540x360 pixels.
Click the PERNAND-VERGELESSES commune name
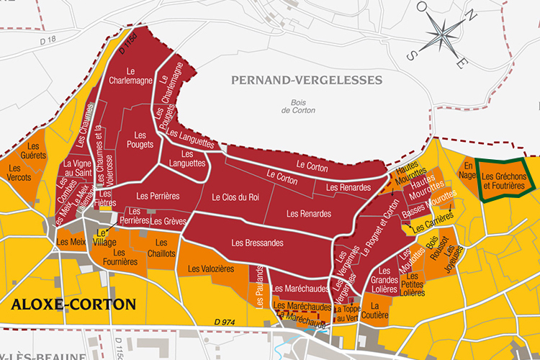point(306,79)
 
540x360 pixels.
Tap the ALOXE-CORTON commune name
point(73,304)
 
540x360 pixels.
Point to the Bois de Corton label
point(294,107)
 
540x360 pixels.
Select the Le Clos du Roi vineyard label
point(235,197)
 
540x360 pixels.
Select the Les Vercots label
point(19,172)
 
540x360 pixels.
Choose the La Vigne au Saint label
point(77,168)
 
